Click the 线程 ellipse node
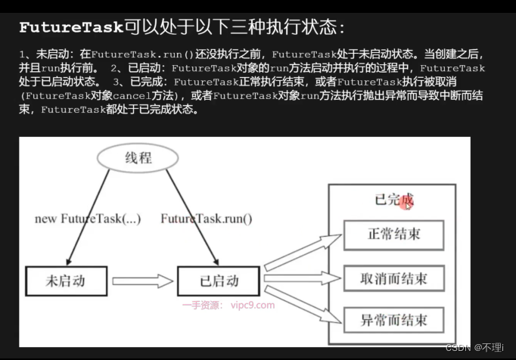(138, 157)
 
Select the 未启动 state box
(66, 281)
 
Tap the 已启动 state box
(218, 281)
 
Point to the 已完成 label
(392, 201)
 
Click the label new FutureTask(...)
(87, 219)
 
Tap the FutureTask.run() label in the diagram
(206, 219)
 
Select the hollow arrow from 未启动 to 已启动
(141, 282)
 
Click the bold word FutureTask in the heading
(70, 28)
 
